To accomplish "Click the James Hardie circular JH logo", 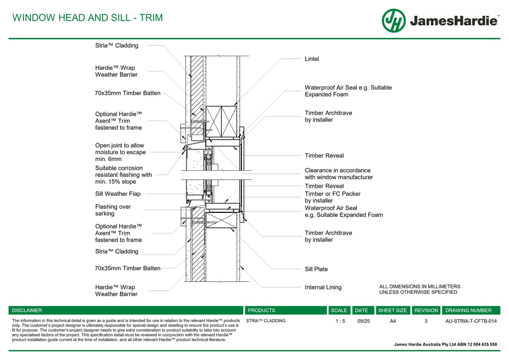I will click(394, 21).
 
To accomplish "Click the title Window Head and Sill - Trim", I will click(88, 18).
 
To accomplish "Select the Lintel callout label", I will click(312, 59).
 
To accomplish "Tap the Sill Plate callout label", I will click(316, 269).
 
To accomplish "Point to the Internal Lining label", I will click(323, 287).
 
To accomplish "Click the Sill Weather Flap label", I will click(118, 194).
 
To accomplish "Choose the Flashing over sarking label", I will click(113, 210).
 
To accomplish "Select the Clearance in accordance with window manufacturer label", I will click(338, 174).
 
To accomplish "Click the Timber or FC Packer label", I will click(332, 197).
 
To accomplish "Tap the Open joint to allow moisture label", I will click(120, 152).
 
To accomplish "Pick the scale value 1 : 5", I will click(340, 321).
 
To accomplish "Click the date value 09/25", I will click(363, 321).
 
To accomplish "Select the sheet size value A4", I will click(393, 321).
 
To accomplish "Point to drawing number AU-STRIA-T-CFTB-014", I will click(471, 321).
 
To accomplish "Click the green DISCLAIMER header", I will click(27, 310).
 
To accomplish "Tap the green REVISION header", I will click(426, 310).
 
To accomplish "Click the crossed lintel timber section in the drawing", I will click(221, 122).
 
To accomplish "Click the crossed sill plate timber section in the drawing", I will click(221, 220).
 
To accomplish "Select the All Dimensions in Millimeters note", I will click(419, 289).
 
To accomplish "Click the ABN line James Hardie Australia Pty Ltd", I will click(445, 345).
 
